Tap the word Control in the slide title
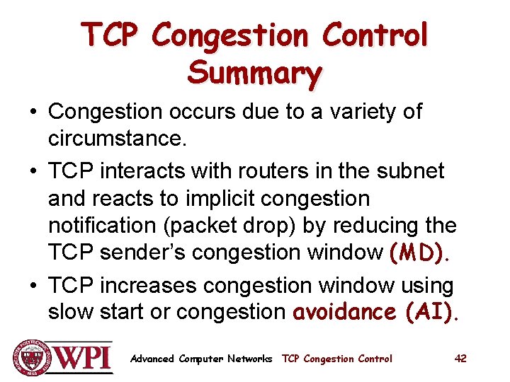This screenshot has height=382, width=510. [x=375, y=34]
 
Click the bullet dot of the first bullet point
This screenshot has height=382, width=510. [x=34, y=112]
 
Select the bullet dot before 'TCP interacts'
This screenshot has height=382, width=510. [x=34, y=171]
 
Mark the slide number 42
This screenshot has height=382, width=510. [x=460, y=359]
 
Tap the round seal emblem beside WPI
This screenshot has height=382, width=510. [x=30, y=357]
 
